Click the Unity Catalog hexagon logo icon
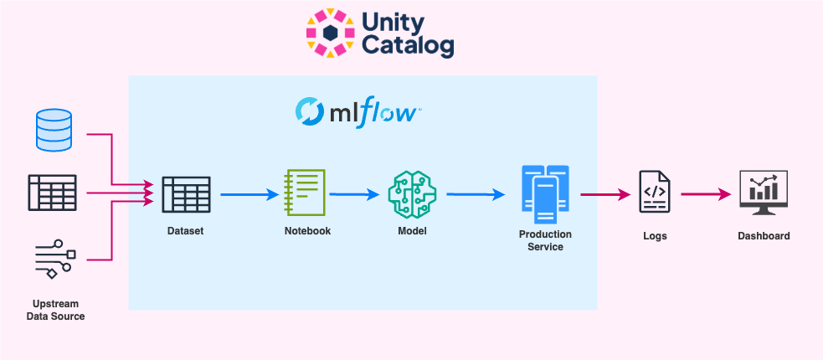(330, 33)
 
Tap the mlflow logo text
(357, 111)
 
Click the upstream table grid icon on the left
(52, 193)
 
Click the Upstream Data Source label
(55, 310)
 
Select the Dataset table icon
(185, 195)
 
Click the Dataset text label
(185, 231)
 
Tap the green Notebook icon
(305, 193)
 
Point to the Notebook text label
(307, 231)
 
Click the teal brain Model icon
(412, 194)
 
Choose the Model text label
(412, 231)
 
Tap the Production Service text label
(545, 240)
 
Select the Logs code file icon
(654, 194)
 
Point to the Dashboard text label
(763, 236)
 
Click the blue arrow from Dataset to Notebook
(249, 195)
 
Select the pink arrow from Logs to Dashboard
(705, 195)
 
